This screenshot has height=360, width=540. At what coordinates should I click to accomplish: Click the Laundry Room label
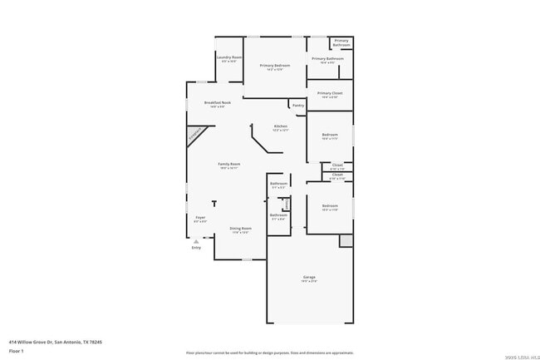coord(229,57)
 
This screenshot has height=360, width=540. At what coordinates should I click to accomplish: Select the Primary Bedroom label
coord(275,65)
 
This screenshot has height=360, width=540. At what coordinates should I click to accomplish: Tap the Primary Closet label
coord(330,93)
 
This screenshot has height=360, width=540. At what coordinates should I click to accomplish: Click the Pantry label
coord(297,106)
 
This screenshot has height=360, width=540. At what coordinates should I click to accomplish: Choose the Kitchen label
coord(280,126)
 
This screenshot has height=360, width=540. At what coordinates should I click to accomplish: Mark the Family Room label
coord(229,164)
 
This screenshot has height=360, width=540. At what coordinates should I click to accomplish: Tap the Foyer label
coord(200,218)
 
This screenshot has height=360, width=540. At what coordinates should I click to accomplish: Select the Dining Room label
coord(241,228)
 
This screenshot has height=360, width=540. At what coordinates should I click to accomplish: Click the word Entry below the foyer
coord(196,248)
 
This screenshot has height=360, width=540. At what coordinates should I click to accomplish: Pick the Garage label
coord(309,277)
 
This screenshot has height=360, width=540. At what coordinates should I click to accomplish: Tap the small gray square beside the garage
coord(346,240)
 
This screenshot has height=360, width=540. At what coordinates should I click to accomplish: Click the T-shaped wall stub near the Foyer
coord(214,203)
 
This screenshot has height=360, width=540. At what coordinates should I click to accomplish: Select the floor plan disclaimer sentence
coord(269,353)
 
